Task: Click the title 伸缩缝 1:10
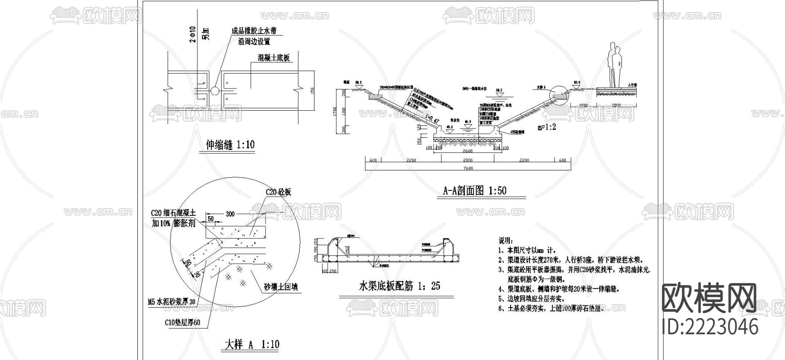click(230, 145)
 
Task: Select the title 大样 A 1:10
click(252, 345)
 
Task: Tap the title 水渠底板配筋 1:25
click(399, 286)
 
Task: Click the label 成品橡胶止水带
click(254, 31)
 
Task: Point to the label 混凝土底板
click(273, 58)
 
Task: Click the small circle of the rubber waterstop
click(215, 91)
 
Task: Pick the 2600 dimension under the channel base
click(467, 151)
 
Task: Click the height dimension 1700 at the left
click(335, 111)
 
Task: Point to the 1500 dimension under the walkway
click(616, 105)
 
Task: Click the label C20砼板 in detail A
click(278, 192)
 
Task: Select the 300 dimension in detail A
click(230, 214)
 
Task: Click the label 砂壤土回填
click(281, 287)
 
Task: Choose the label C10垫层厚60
click(182, 323)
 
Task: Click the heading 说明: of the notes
click(506, 241)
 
